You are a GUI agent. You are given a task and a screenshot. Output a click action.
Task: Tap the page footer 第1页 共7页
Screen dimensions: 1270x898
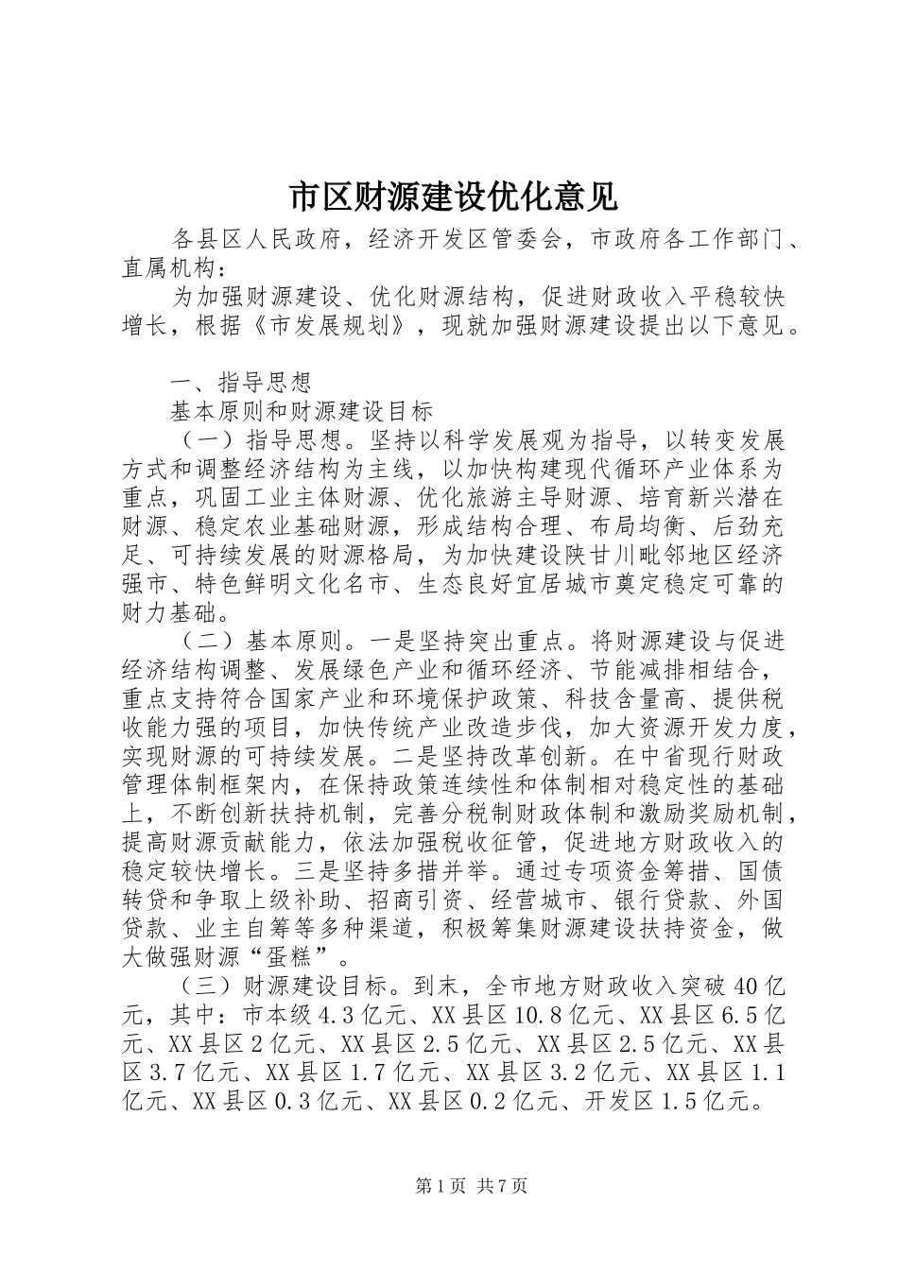coord(471,1186)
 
